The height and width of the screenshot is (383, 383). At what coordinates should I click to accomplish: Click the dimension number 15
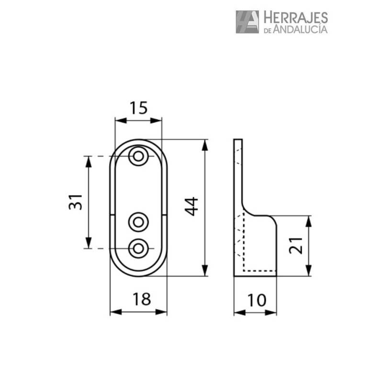138,108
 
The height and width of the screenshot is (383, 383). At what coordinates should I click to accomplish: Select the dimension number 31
76,202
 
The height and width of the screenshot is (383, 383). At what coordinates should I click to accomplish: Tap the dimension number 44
191,206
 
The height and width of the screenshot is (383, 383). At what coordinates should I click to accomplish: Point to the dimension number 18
142,299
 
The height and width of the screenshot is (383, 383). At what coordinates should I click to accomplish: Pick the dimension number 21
296,245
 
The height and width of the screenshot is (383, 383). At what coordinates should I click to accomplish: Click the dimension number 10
257,300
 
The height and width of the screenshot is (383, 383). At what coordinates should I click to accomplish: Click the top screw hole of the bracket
138,156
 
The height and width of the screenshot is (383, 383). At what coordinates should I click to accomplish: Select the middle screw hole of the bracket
138,222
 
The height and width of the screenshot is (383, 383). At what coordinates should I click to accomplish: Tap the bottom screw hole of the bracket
138,248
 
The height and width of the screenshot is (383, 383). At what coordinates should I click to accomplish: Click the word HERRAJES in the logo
295,17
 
